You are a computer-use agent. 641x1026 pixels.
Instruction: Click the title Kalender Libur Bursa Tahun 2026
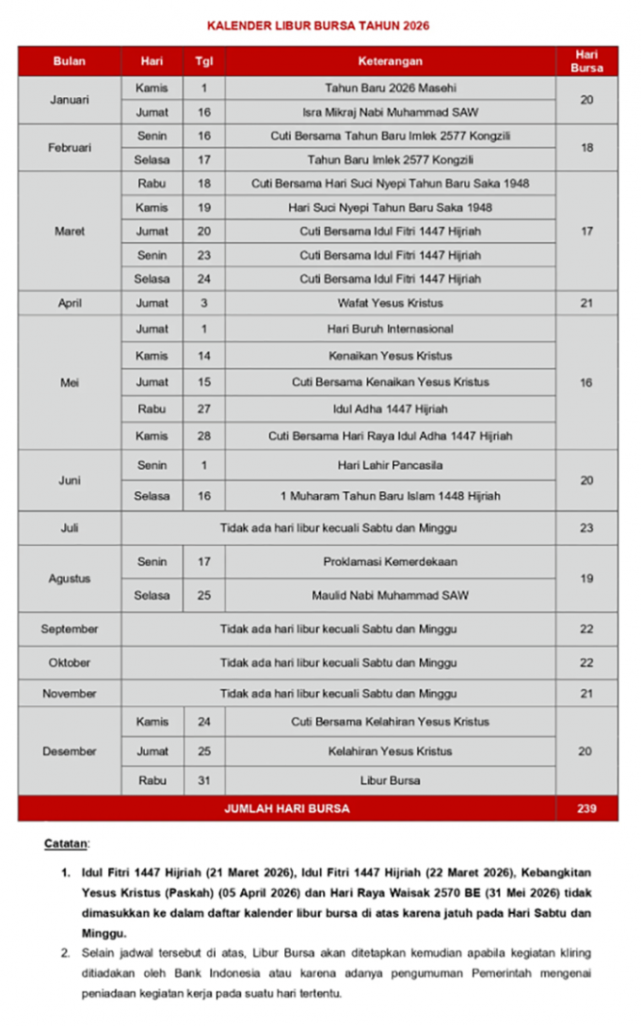pos(319,25)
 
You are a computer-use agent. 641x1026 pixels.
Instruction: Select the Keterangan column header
pos(390,61)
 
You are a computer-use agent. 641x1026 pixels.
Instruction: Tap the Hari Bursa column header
pos(586,61)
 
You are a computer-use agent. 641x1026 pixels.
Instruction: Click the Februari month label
pos(70,148)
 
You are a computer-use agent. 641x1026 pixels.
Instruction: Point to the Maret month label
pos(70,232)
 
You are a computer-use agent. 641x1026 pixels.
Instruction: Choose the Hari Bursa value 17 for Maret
pos(586,232)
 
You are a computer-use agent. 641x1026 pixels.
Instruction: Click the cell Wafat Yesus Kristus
pos(390,303)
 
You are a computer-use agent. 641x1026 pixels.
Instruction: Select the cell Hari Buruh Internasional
pos(390,329)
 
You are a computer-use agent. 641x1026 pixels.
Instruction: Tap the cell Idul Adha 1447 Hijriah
pos(390,409)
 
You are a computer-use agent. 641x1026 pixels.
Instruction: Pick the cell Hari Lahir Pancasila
pos(390,466)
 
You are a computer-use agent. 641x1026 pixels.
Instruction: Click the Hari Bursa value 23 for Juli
pos(586,528)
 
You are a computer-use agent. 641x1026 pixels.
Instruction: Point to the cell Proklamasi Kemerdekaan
pos(390,562)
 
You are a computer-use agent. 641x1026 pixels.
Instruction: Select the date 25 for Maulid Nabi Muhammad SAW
pos(204,596)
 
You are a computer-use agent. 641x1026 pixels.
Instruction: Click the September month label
pos(70,629)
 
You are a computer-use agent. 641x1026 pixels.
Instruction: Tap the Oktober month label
pos(70,663)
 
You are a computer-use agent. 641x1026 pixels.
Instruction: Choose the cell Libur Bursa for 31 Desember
pos(390,780)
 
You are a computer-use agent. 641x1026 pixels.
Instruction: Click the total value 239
pos(586,809)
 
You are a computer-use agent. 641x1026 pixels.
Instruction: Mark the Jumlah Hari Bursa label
pos(286,809)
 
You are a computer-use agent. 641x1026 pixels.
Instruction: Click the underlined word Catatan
pos(66,843)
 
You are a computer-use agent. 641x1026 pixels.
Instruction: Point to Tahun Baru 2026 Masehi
pos(390,88)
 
